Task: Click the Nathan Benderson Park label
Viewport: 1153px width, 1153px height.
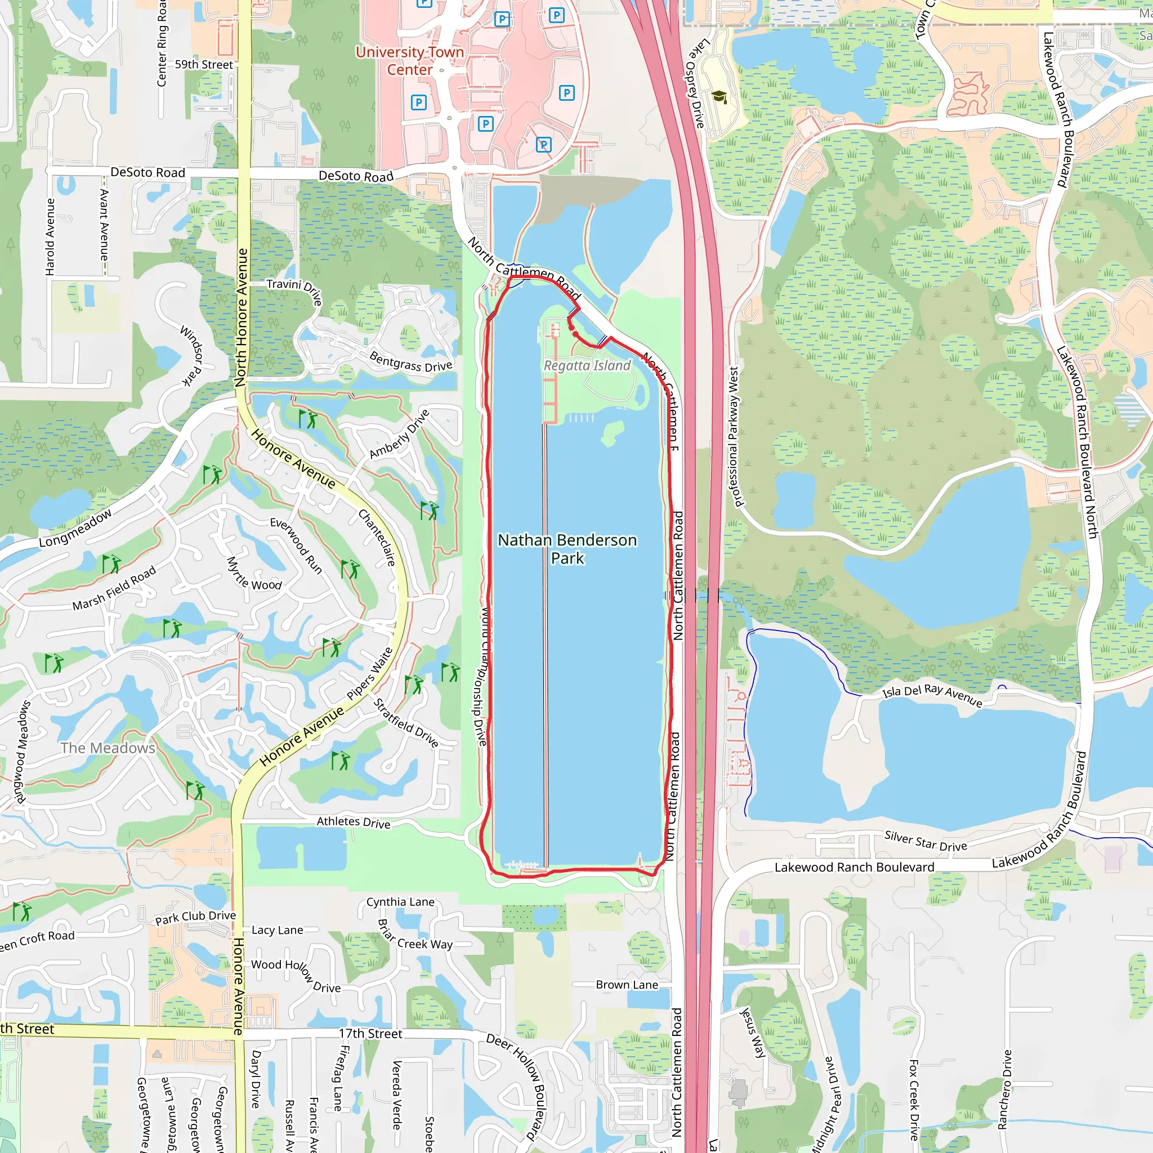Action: point(567,548)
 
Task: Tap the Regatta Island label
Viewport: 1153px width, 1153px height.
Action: point(587,365)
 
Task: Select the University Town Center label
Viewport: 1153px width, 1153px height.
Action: point(409,61)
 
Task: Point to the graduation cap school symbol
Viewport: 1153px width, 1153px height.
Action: point(719,97)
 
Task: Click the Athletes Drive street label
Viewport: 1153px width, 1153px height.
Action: point(354,823)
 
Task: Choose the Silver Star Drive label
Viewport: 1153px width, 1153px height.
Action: point(926,842)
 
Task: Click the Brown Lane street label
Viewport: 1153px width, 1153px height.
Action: point(627,985)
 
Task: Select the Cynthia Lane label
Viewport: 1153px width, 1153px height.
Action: point(400,902)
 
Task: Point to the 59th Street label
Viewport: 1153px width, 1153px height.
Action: point(203,64)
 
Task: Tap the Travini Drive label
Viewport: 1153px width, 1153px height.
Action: point(295,291)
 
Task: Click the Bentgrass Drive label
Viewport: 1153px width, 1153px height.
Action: point(410,361)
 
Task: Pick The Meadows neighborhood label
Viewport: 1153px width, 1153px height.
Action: point(108,748)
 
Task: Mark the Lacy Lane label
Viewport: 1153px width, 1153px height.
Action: point(277,930)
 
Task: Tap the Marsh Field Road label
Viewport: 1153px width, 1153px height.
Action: point(114,588)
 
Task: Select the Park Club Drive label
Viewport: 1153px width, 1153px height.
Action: point(195,917)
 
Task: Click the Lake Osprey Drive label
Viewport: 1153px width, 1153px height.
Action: point(695,83)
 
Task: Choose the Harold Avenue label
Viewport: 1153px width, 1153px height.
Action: point(50,237)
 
